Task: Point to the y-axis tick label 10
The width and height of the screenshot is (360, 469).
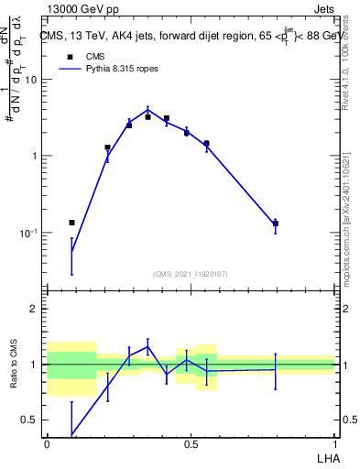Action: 30,80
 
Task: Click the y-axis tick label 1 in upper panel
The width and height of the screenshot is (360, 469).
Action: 35,157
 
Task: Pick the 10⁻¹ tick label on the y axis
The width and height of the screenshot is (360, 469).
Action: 27,233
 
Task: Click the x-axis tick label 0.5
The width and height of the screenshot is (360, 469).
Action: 191,442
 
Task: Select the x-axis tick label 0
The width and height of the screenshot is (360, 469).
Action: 47,442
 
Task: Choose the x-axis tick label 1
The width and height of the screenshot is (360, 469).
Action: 334,442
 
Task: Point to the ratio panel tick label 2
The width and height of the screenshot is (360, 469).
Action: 35,309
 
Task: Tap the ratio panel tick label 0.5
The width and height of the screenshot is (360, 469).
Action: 30,420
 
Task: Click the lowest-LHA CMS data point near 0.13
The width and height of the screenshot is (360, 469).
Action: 71,223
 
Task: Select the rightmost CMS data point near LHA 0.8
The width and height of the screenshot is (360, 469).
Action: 276,224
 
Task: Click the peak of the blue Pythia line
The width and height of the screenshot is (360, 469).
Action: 147,109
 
